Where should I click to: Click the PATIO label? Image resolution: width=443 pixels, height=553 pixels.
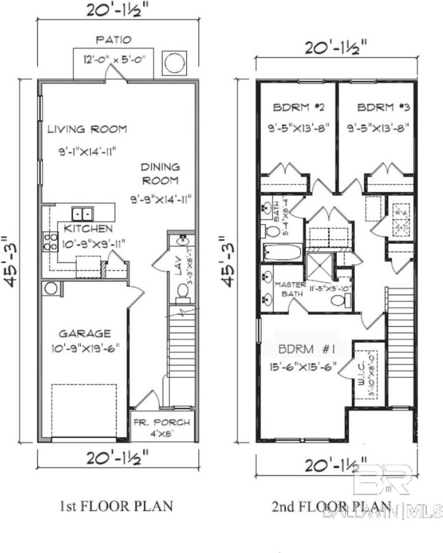[x=113, y=40]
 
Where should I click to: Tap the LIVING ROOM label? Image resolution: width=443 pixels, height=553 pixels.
[x=87, y=129]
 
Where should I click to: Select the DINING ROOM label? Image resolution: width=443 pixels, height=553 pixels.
[x=161, y=173]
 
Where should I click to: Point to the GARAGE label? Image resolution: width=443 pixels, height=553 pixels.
[x=84, y=333]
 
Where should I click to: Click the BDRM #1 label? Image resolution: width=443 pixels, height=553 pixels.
[x=303, y=350]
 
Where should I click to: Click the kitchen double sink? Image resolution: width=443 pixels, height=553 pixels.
[x=81, y=214]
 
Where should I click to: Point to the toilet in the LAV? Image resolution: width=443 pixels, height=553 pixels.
[x=183, y=290]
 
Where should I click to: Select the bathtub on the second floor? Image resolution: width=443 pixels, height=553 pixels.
[x=282, y=252]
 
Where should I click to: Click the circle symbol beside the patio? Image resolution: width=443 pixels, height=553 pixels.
[x=175, y=63]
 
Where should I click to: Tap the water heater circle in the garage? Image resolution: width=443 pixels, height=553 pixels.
[x=51, y=288]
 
